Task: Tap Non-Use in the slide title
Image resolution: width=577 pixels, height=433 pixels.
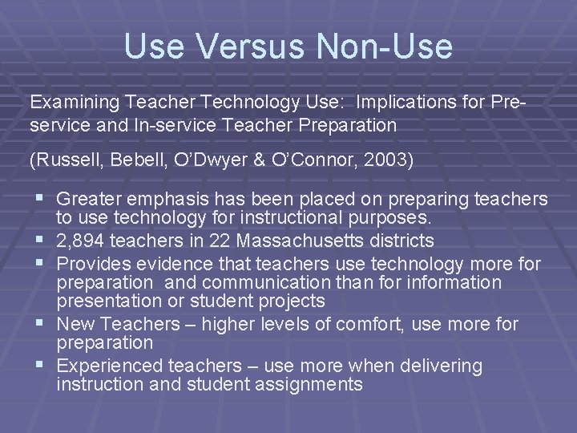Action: [x=384, y=47]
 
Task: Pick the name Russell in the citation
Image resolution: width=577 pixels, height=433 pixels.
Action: [x=62, y=160]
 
